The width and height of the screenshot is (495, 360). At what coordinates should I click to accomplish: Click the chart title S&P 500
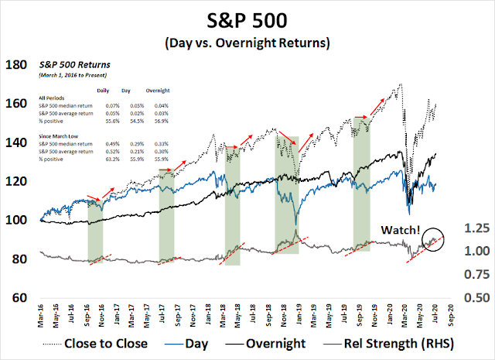pos(247,18)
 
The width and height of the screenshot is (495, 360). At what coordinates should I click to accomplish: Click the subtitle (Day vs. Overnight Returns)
pos(247,41)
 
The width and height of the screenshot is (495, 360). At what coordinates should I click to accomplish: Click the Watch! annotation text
pos(399,230)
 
